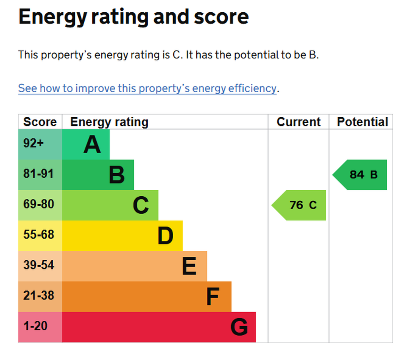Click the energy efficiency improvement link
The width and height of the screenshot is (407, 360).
(x=147, y=89)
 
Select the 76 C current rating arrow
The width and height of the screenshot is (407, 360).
(x=299, y=205)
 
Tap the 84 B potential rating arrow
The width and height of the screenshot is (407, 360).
(x=360, y=175)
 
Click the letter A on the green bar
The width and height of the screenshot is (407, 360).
(x=92, y=145)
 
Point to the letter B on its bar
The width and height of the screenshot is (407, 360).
(x=117, y=175)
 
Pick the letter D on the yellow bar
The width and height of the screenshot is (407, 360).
(x=165, y=236)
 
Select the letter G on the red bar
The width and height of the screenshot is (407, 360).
(x=239, y=327)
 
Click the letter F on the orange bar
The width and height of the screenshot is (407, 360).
(x=213, y=297)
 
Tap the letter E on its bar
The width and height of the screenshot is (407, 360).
(x=189, y=266)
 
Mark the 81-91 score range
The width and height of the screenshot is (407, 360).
(x=39, y=174)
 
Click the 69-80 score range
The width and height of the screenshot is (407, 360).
(x=39, y=204)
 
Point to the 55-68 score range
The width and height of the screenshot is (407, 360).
(x=39, y=234)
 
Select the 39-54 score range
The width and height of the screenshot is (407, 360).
(x=39, y=265)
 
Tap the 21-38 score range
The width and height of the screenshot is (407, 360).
(x=39, y=295)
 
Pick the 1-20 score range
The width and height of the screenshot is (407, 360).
(x=35, y=326)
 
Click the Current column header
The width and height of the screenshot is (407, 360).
(x=299, y=122)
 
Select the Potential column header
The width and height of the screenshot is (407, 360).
(x=362, y=122)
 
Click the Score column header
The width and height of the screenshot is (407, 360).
(x=40, y=122)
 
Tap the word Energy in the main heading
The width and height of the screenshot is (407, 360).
(x=53, y=17)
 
